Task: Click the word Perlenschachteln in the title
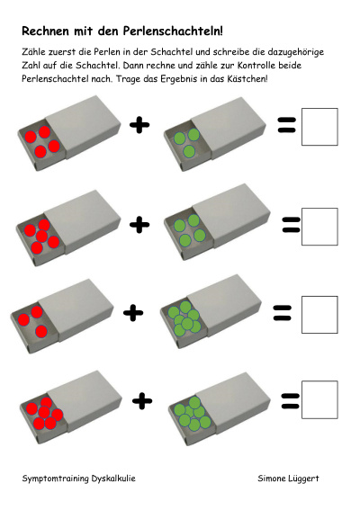pos(173,31)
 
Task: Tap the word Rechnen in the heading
pos(46,31)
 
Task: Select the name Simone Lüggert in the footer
pos(288,479)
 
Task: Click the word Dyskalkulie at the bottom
pos(113,479)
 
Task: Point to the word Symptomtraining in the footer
pos(55,479)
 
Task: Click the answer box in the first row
pos(319,127)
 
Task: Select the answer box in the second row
pos(319,227)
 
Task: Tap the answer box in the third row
pos(319,315)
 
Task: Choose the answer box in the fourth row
pos(319,399)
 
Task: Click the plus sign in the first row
pos(139,124)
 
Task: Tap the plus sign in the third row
pos(133,313)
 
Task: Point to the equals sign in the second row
pos(291,225)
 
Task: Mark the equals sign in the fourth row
pos(290,401)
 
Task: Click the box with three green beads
pos(215,134)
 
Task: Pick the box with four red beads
pos(69,132)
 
